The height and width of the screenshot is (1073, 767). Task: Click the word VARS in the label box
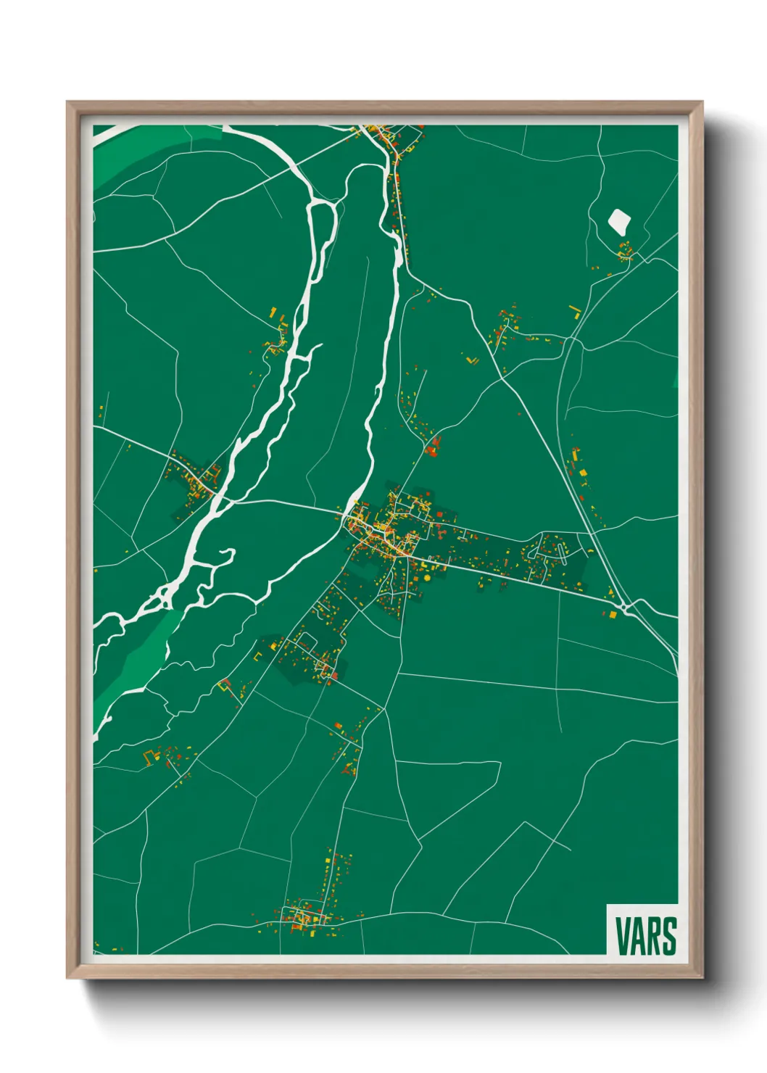[x=646, y=936]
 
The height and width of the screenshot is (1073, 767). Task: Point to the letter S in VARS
[x=670, y=936]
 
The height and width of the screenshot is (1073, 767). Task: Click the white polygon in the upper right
[x=618, y=220]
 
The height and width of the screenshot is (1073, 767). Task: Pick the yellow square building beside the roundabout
[x=613, y=615]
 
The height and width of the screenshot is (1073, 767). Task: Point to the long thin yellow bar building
[x=576, y=312]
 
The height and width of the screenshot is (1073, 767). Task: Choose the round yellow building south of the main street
[x=426, y=578]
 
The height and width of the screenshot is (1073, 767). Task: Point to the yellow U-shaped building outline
[x=151, y=757]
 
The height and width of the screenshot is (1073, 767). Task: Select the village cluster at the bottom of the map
[x=308, y=917]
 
